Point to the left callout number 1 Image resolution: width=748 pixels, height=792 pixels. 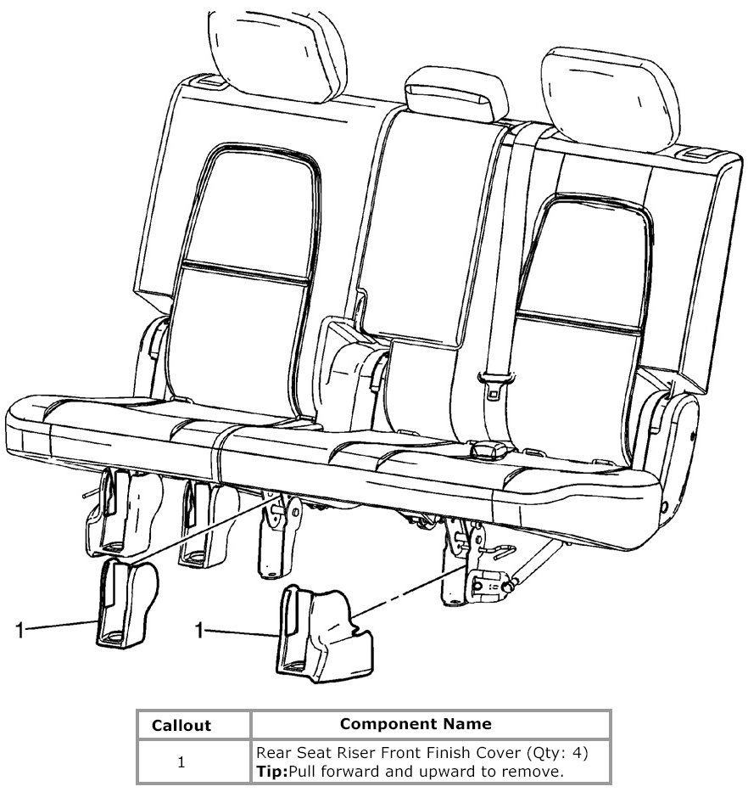point(20,629)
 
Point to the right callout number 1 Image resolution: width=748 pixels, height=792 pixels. point(200,630)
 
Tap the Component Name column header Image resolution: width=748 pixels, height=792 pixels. point(415,724)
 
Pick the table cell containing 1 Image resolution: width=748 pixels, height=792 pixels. point(181,762)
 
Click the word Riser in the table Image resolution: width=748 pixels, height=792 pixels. point(364,753)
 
